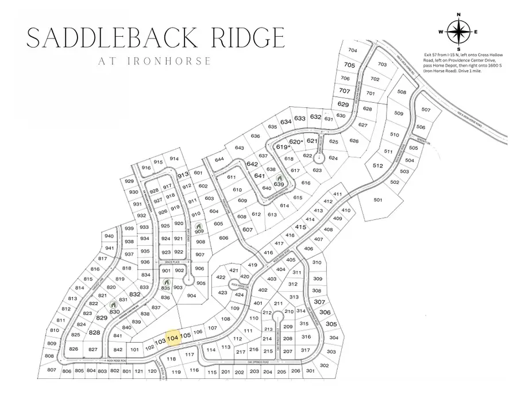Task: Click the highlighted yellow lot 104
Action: click(172, 337)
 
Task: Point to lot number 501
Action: click(377, 200)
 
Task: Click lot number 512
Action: click(377, 166)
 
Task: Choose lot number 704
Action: click(352, 51)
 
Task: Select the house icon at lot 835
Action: click(166, 282)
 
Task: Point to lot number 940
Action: click(109, 237)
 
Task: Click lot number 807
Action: click(52, 371)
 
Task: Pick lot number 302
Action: click(324, 365)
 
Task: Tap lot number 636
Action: click(256, 136)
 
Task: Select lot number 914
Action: click(174, 159)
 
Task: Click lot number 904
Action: click(191, 296)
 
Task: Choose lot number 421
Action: click(234, 270)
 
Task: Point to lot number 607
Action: click(248, 230)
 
